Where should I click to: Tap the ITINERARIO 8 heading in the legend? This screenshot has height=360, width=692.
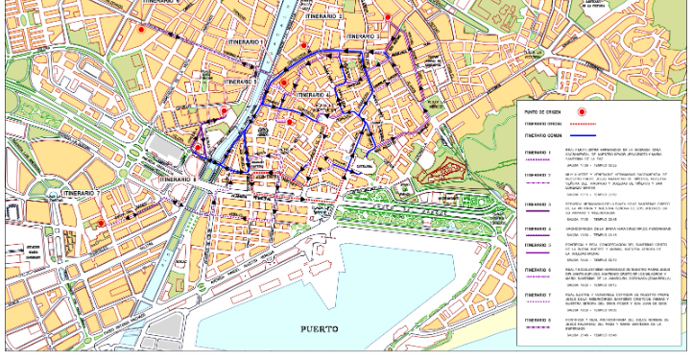[537, 319]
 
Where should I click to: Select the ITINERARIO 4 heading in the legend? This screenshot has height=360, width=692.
[537, 229]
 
